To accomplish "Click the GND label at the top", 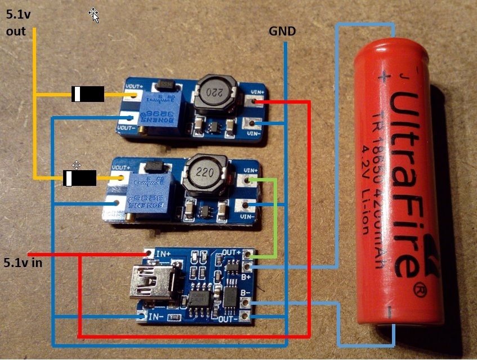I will tap(282, 32).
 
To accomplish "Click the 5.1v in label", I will tap(23, 263).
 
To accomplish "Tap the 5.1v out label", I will tap(16, 24).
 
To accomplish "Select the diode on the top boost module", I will tap(88, 94).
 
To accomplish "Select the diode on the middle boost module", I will tap(79, 178).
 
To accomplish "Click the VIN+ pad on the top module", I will tap(256, 102).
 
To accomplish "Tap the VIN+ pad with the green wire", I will tap(248, 180).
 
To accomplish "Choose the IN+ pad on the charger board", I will tap(149, 254).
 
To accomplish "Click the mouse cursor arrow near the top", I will tap(94, 15).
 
